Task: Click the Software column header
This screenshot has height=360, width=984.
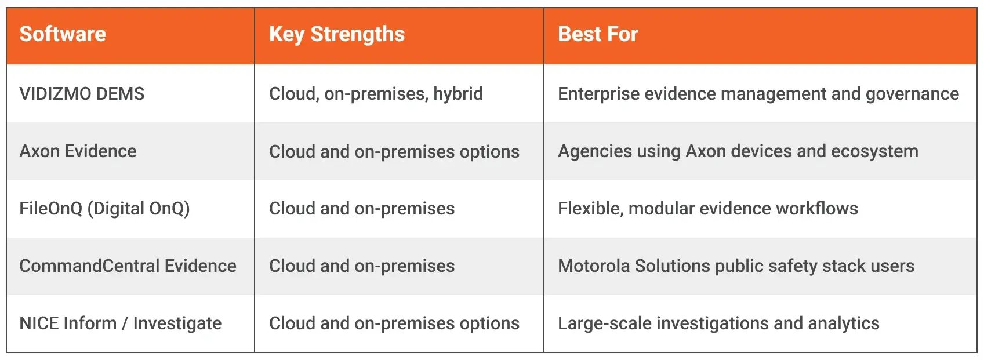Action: [x=63, y=34]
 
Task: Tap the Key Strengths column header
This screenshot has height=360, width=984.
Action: [x=337, y=34]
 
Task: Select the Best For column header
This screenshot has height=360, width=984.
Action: [x=598, y=34]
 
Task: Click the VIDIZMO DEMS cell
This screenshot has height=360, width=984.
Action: [x=82, y=93]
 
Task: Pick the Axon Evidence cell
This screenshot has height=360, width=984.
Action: [x=78, y=151]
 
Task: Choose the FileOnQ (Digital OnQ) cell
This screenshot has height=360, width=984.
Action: [x=104, y=208]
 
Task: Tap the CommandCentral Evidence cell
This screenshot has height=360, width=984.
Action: [x=128, y=266]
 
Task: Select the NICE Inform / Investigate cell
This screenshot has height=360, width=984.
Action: [x=120, y=323]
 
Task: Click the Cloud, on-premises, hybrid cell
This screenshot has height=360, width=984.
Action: [x=376, y=93]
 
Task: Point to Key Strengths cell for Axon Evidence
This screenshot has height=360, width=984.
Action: [x=394, y=151]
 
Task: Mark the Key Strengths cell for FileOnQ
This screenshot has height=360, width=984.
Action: [x=362, y=208]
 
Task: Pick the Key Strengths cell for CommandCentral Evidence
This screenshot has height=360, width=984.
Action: [x=362, y=266]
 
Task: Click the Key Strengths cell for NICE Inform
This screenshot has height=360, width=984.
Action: [x=394, y=323]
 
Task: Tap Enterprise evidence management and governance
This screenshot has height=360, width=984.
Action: [x=758, y=93]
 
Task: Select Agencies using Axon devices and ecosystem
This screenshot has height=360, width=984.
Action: [x=738, y=151]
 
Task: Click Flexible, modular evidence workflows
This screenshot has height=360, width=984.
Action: [x=707, y=208]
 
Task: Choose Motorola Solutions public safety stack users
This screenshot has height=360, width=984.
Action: [x=736, y=266]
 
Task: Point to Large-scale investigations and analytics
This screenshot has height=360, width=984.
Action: [x=718, y=323]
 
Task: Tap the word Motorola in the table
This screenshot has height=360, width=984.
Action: [x=593, y=266]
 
